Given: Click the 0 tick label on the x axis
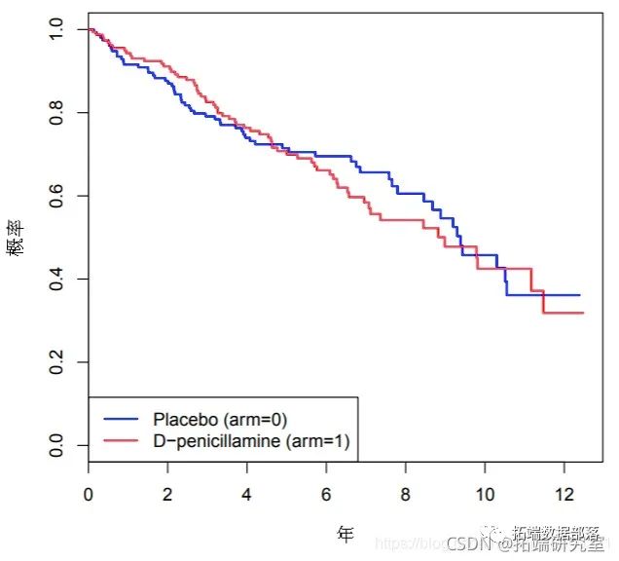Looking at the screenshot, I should click(89, 494).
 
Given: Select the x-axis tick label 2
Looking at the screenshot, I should click(167, 494).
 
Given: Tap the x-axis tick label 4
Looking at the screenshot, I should click(247, 494).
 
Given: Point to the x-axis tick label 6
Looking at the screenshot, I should click(326, 494).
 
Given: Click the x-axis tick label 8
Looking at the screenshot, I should click(406, 494).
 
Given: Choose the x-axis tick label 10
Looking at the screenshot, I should click(485, 494).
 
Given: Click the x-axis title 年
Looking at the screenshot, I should click(345, 534).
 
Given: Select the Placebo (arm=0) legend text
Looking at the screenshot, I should click(219, 419).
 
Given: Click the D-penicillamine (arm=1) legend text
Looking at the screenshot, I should click(250, 442).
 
